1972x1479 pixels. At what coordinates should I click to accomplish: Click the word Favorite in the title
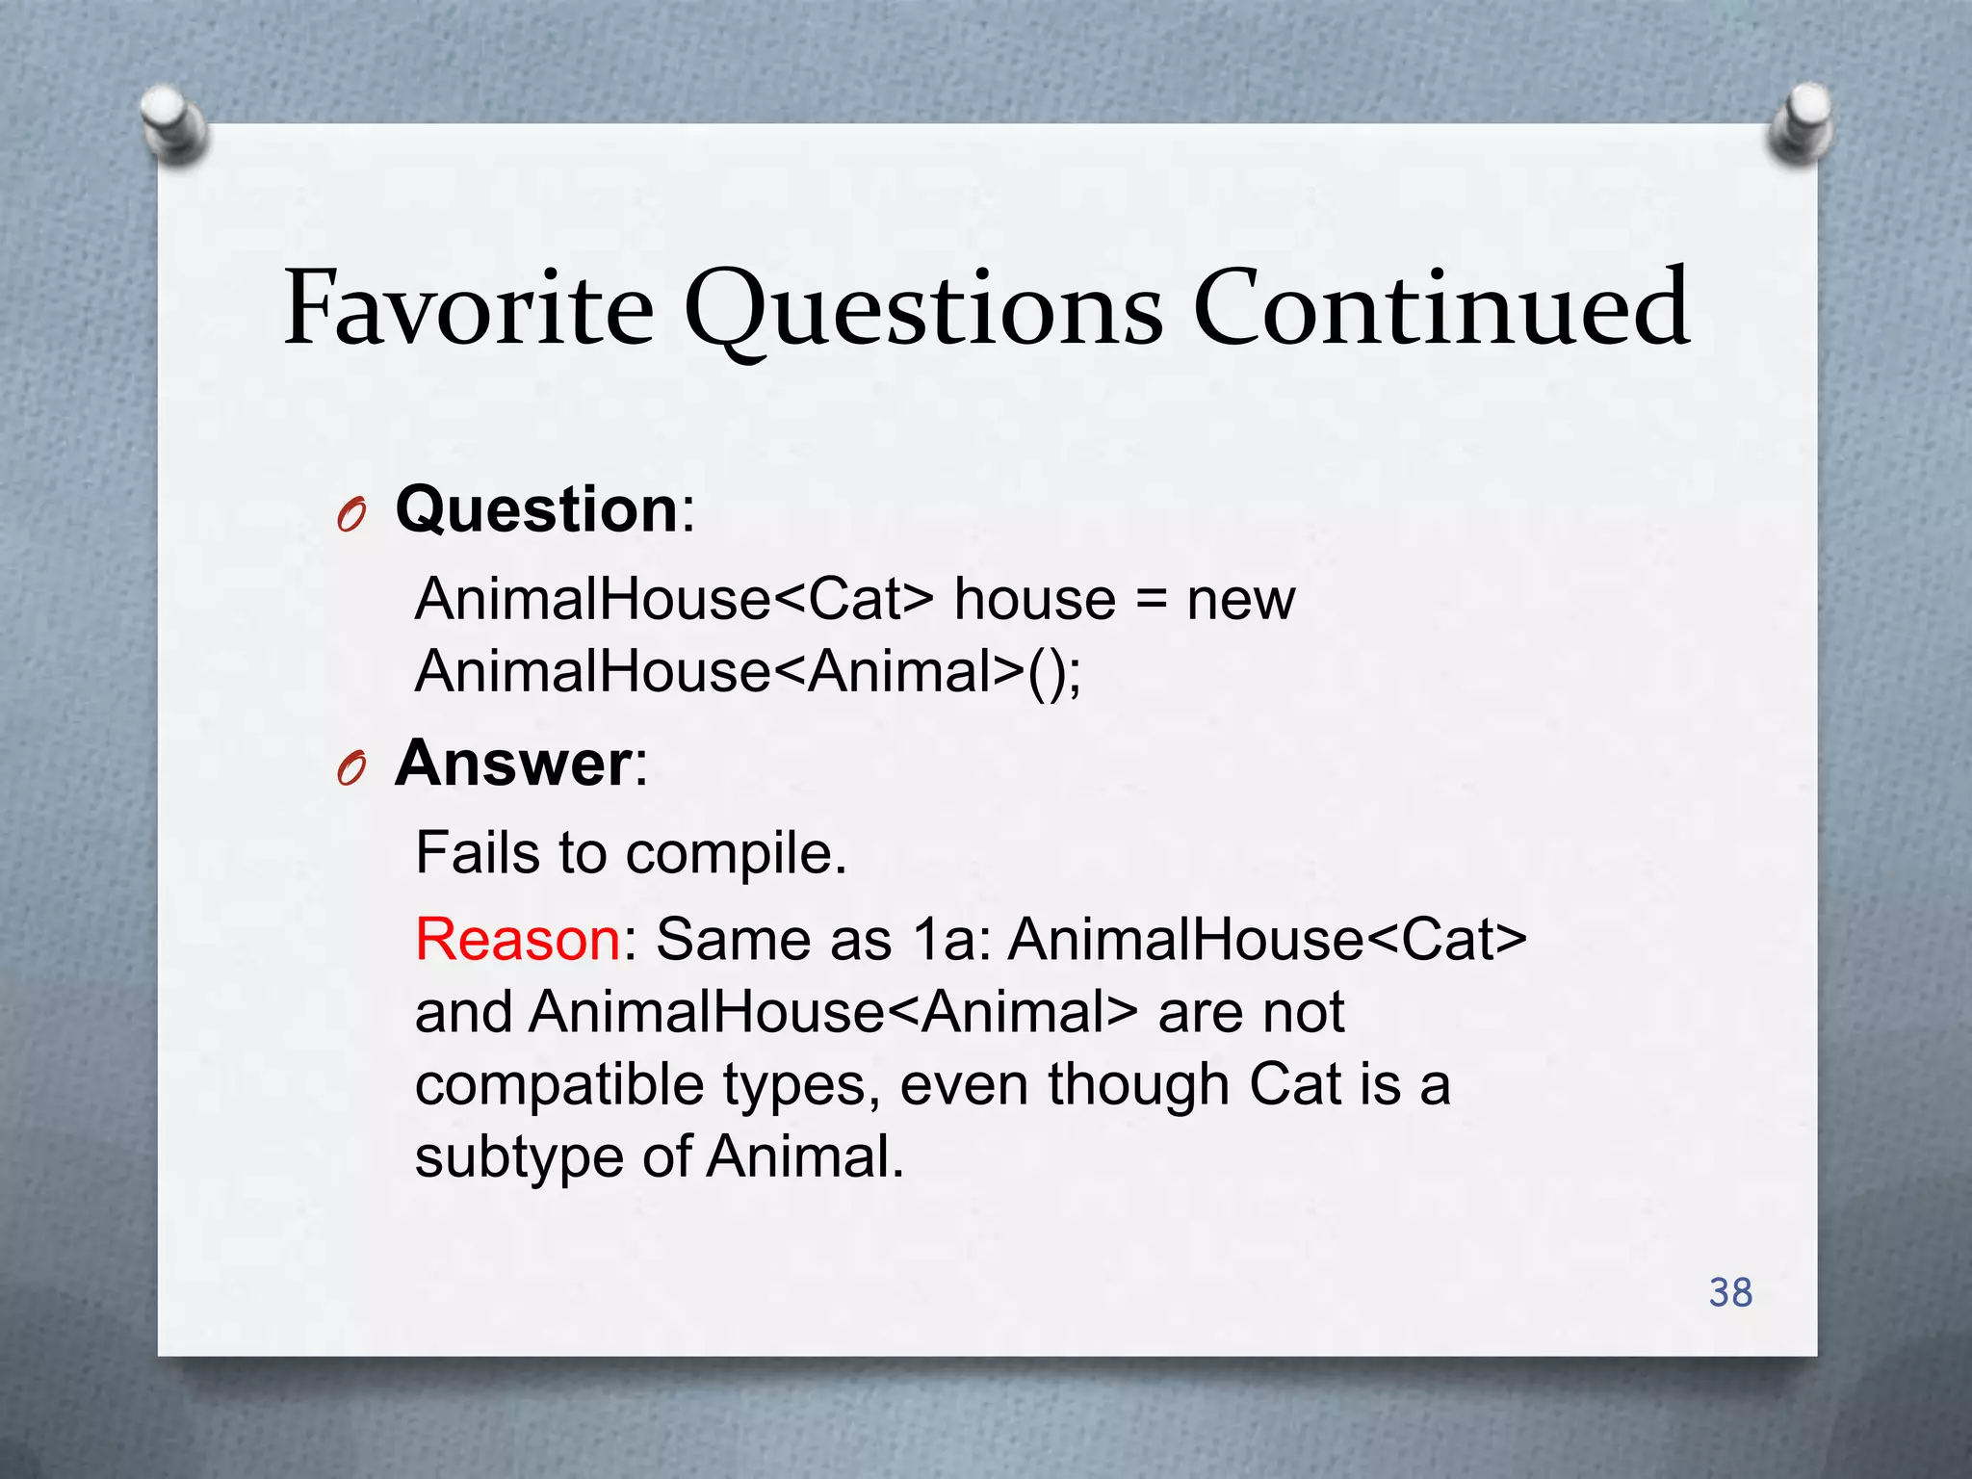pos(469,310)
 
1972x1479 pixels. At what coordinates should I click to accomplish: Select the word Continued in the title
pos(1440,310)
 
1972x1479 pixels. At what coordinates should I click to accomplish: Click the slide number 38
pos(1730,1292)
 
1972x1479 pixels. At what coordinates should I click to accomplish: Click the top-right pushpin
pos(1800,123)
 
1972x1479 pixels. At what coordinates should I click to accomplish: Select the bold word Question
pos(537,509)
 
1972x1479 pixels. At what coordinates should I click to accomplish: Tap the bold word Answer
pos(513,764)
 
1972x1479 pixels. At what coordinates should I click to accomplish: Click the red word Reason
pos(518,939)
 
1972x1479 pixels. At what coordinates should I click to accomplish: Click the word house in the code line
pos(1034,600)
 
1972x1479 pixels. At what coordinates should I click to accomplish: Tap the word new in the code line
pos(1240,600)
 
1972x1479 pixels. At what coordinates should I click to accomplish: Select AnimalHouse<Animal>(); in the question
pos(748,671)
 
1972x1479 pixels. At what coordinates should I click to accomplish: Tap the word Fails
pos(478,853)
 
